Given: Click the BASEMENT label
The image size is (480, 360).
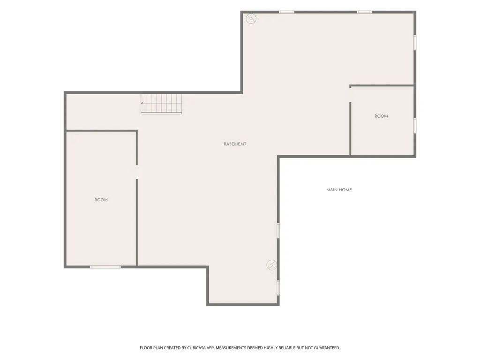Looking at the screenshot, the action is click(235, 144).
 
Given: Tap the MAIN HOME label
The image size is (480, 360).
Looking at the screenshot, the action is click(339, 190).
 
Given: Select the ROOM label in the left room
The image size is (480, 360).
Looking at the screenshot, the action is click(101, 200).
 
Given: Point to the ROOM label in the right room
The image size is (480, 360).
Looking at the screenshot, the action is click(381, 116).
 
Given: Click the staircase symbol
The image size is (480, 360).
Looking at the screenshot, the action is click(161, 104).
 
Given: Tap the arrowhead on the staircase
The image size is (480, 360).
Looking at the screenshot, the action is click(142, 103).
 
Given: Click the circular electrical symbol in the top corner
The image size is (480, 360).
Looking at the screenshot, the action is click(251, 19).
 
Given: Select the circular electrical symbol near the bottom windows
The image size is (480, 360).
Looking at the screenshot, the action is click(271, 265).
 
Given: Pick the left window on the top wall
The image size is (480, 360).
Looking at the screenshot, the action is click(286, 12).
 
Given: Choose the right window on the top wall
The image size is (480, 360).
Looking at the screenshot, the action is click(365, 12).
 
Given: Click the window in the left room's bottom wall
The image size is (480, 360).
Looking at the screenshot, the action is click(105, 267).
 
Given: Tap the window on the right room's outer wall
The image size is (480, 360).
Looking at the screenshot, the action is click(415, 126).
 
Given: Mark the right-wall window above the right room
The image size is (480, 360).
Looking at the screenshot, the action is click(415, 43).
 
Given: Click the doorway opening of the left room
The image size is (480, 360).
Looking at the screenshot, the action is click(137, 172).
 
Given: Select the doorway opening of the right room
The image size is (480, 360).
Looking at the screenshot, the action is click(350, 95).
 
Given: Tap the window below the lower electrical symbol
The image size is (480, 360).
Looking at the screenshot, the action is click(278, 288).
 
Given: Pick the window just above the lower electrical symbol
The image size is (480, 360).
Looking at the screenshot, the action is click(278, 231).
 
